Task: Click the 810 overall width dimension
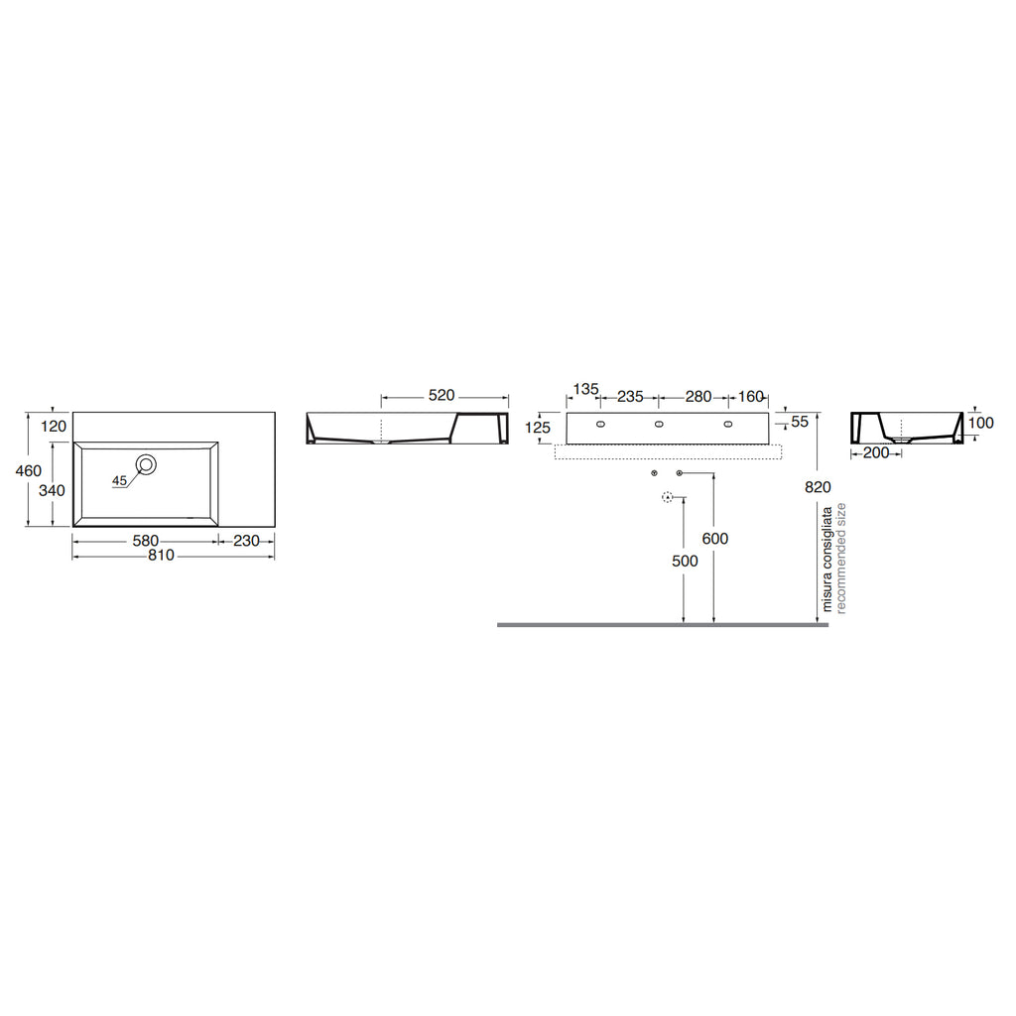click(x=161, y=556)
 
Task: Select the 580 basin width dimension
click(x=145, y=541)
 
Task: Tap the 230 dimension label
click(x=246, y=541)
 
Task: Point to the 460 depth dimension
click(x=29, y=470)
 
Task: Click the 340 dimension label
click(x=52, y=490)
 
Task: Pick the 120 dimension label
click(x=54, y=426)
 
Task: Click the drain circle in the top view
click(x=147, y=464)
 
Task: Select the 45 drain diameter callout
click(x=119, y=481)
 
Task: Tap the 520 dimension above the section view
click(x=442, y=395)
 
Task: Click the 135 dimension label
click(x=585, y=389)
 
